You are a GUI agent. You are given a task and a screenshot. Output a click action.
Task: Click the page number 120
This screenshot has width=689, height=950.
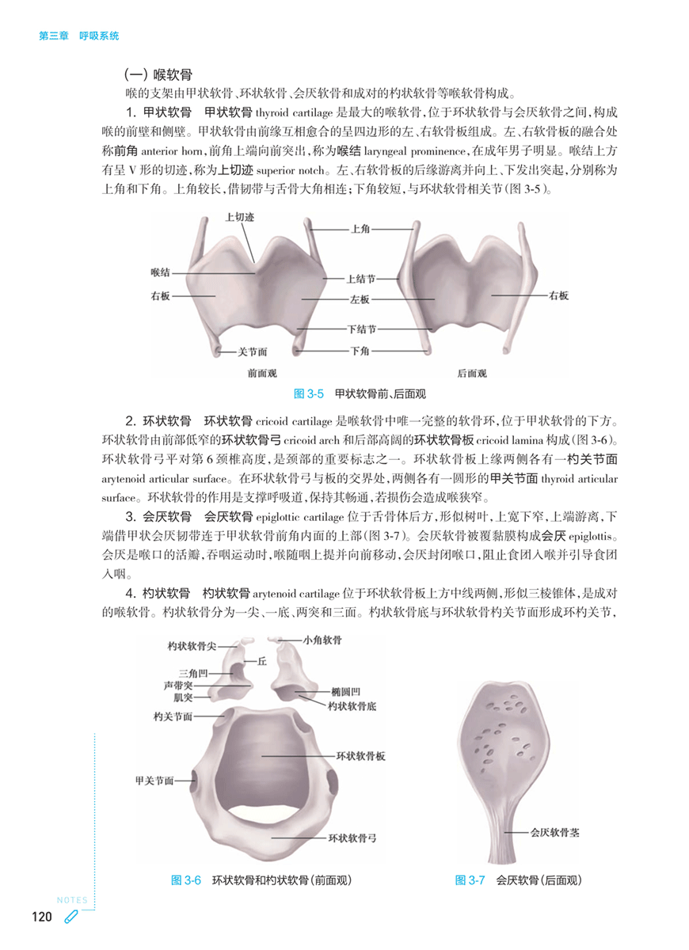(41, 918)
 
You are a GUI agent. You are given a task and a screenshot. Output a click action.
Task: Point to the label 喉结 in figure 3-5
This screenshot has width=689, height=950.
(160, 272)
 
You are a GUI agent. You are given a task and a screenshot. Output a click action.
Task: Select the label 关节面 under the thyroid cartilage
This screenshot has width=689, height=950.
(252, 351)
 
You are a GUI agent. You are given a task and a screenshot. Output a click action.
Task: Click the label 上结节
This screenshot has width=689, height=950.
(360, 279)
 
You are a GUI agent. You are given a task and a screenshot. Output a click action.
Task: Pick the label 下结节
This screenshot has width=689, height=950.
(360, 329)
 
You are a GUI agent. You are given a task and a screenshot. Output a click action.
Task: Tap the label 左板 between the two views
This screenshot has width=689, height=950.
(360, 300)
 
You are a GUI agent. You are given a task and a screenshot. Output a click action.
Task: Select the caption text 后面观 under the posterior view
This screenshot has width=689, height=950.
(471, 374)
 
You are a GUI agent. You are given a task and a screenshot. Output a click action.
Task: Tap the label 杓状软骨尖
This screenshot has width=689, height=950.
(192, 647)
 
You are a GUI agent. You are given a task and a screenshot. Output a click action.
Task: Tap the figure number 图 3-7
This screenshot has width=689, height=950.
(470, 880)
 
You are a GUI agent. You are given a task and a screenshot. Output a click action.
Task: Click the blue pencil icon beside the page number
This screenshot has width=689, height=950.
(71, 918)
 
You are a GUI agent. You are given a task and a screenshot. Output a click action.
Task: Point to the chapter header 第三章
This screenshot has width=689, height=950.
(53, 36)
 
